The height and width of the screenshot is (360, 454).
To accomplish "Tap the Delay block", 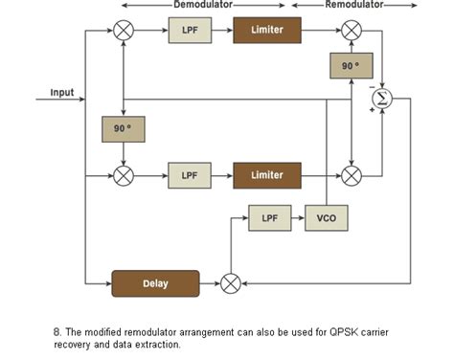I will coord(155,283).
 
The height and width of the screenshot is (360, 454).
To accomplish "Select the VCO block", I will coord(326,218).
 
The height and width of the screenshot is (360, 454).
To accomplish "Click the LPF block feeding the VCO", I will coord(269,218).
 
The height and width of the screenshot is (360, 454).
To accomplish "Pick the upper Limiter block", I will coord(266,31).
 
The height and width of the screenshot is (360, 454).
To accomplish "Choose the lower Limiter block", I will coord(266,175).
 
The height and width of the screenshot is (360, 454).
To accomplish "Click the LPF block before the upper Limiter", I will coord(189,31).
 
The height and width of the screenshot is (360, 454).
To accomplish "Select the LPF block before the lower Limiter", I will coord(189,175).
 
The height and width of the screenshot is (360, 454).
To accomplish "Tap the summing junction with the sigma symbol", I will coord(383,97).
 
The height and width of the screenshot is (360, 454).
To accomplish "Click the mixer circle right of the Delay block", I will coord(230,283).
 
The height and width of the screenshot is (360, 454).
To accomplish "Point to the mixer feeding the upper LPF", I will coord(124,31).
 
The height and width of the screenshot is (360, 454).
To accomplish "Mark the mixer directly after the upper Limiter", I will coord(352,31).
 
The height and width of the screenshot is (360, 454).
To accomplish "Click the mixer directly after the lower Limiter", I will coord(352,175).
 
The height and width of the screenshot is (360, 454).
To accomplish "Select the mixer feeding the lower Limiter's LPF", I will coord(124,175).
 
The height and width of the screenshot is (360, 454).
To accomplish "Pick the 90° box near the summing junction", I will coord(351,66).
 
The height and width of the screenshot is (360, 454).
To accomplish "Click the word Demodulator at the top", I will coord(203,5).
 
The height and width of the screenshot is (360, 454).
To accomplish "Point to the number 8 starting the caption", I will coord(57,332).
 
